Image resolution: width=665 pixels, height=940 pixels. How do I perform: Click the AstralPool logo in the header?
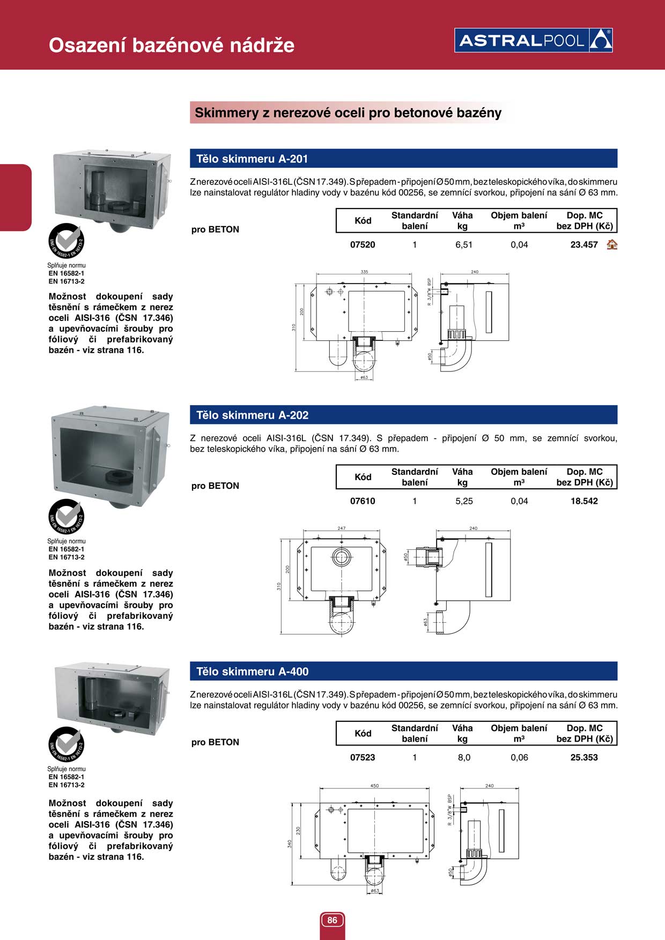click(x=533, y=40)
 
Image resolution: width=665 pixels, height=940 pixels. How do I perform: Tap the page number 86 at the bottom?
click(x=332, y=920)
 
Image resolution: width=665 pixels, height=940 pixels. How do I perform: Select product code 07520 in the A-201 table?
click(x=363, y=245)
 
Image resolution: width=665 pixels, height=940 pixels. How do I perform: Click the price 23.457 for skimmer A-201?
click(x=583, y=245)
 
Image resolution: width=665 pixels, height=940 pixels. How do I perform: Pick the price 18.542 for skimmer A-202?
click(x=583, y=501)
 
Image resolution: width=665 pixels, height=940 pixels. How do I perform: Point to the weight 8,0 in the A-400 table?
click(x=464, y=757)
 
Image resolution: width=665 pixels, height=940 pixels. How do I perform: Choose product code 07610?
click(x=363, y=501)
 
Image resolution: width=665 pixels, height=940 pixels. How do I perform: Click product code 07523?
click(x=363, y=757)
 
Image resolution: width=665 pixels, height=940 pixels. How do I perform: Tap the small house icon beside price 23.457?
click(x=611, y=245)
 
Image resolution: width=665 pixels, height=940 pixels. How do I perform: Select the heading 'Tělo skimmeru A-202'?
click(x=252, y=415)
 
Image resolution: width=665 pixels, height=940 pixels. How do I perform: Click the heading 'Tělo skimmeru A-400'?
click(x=252, y=672)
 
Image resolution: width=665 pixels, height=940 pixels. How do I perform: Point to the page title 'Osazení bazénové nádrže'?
click(x=172, y=45)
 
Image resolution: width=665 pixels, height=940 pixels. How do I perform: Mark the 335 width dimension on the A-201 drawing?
click(x=364, y=272)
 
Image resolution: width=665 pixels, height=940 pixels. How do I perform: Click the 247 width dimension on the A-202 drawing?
click(x=342, y=528)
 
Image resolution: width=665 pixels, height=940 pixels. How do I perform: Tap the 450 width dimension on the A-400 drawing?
click(x=374, y=786)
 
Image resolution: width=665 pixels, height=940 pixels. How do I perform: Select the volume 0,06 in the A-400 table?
click(x=519, y=757)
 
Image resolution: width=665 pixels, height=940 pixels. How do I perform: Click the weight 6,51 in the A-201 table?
click(x=464, y=245)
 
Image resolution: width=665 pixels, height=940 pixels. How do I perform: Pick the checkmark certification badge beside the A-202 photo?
click(x=66, y=517)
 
